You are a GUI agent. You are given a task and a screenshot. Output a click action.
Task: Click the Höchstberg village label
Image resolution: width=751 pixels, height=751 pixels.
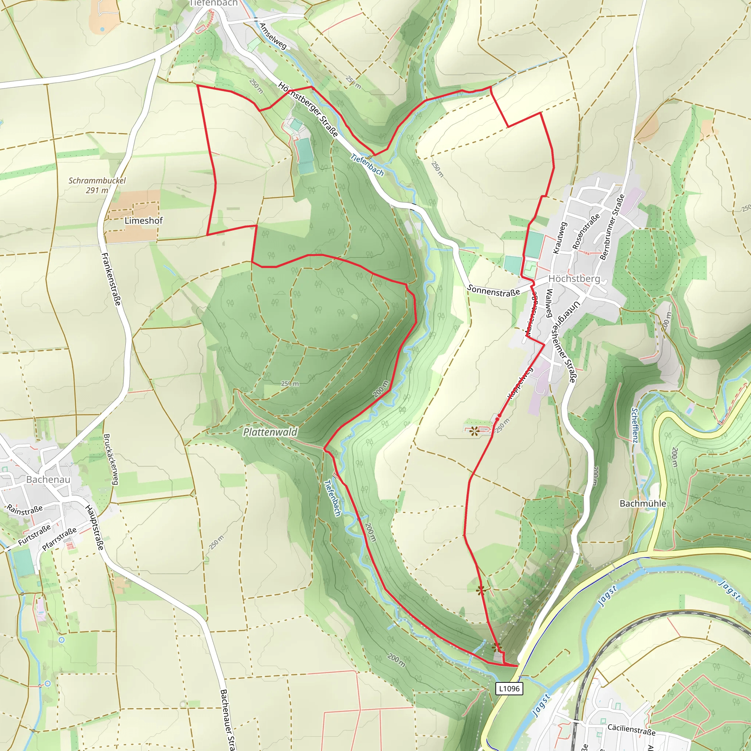click(x=574, y=279)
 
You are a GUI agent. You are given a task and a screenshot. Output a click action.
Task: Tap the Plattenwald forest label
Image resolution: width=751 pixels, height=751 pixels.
click(x=270, y=432)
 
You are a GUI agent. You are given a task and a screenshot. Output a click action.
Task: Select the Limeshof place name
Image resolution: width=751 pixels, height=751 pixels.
click(x=143, y=220)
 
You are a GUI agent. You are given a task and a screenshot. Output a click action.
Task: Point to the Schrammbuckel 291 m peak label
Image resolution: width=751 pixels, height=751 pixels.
click(x=97, y=185)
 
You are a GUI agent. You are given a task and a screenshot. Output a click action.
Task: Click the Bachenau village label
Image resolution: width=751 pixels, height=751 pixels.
click(x=48, y=479)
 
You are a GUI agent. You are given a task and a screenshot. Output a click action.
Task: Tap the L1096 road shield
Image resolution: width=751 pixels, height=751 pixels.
click(x=509, y=688)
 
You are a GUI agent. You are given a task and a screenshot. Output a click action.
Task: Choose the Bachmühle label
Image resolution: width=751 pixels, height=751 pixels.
click(x=642, y=503)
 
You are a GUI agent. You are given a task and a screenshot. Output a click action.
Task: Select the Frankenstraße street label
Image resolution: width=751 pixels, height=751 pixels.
click(x=111, y=279)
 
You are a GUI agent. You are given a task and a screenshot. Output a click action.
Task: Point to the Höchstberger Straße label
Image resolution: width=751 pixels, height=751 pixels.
click(x=308, y=109)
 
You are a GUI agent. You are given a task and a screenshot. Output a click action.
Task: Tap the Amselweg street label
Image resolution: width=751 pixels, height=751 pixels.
click(x=273, y=36)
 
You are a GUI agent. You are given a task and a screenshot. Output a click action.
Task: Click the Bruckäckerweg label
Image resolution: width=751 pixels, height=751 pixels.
click(x=111, y=459)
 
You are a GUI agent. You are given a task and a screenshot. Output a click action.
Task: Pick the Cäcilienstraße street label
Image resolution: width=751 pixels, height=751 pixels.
click(x=631, y=730)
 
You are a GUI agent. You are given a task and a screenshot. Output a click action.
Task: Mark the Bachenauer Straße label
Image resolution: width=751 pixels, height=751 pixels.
click(x=227, y=719)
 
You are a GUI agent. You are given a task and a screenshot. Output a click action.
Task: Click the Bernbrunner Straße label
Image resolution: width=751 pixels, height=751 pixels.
click(x=612, y=227)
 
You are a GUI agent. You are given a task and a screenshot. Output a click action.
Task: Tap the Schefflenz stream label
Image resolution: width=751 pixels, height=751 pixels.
click(x=634, y=425)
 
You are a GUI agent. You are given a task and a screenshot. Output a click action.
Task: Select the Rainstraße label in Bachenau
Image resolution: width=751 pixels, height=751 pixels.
click(x=25, y=510)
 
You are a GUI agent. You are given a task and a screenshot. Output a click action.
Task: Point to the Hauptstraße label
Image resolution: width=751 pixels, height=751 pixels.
click(x=95, y=527)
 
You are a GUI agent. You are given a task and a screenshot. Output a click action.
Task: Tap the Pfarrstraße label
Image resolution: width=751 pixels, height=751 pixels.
click(x=59, y=539)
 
